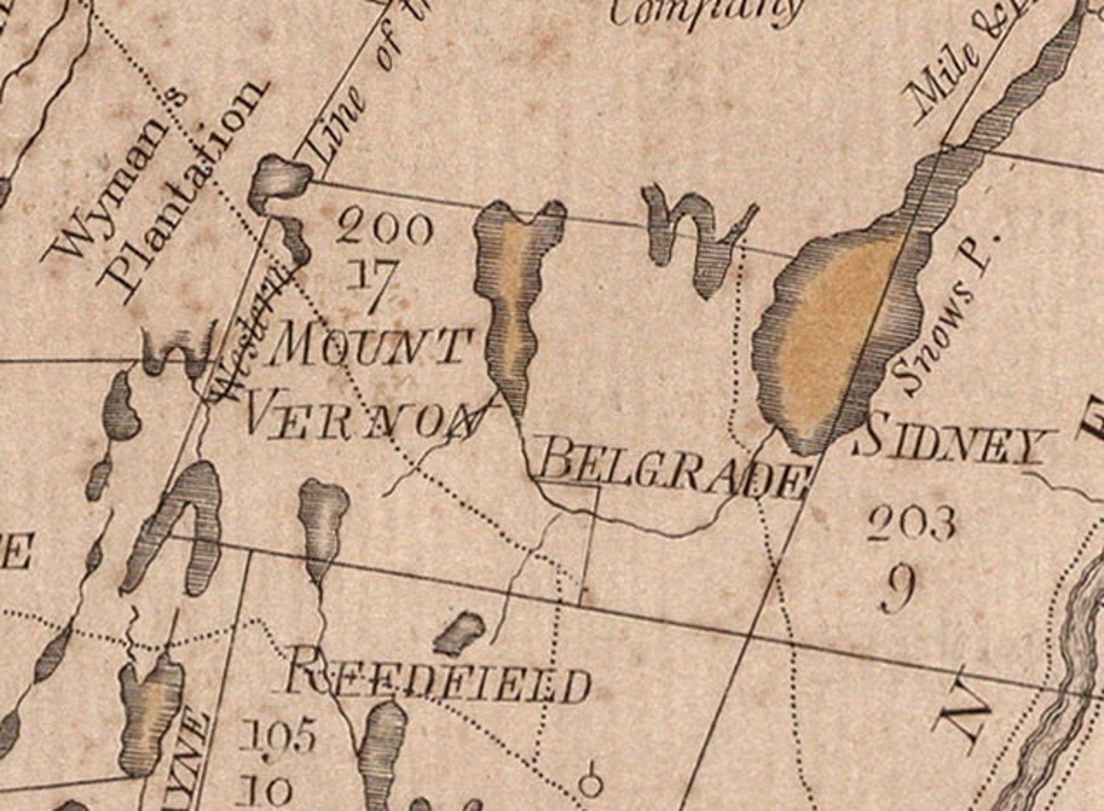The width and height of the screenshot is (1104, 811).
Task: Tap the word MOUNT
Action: point(368,345)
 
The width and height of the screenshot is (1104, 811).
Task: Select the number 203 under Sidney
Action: point(911,524)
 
